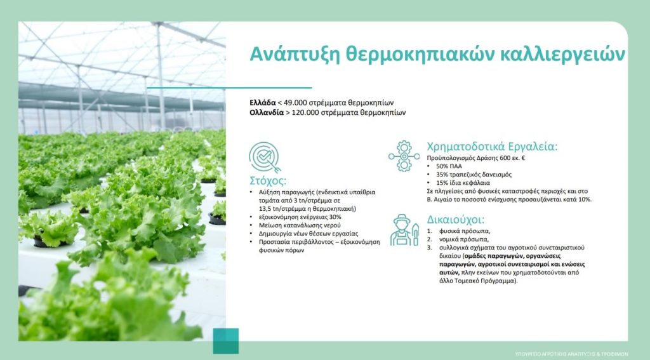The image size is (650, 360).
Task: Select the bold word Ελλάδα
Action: [263, 102]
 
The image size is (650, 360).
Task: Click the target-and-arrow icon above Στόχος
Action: [265, 157]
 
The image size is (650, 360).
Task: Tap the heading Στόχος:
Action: [268, 181]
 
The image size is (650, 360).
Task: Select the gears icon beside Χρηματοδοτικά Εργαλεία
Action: [404, 156]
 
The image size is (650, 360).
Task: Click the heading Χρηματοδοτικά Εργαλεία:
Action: [492, 147]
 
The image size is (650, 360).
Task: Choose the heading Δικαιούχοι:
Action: [456, 220]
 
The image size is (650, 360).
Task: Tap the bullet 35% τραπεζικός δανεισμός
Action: [474, 175]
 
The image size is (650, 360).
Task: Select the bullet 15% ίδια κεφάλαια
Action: [463, 182]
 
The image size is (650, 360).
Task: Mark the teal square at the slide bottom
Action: [226, 341]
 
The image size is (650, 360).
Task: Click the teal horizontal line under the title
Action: [229, 88]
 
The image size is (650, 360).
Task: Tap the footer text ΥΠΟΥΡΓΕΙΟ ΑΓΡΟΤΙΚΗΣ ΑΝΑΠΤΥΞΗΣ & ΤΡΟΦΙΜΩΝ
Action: [571, 354]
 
